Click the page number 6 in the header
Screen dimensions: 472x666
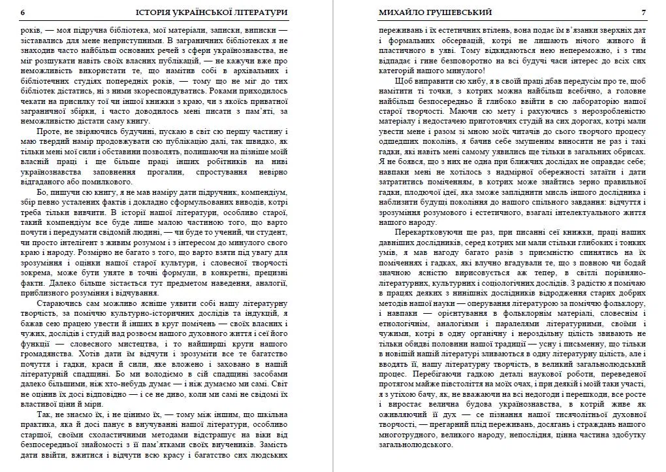pos(24,12)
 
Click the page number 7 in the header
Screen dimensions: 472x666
pos(643,12)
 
